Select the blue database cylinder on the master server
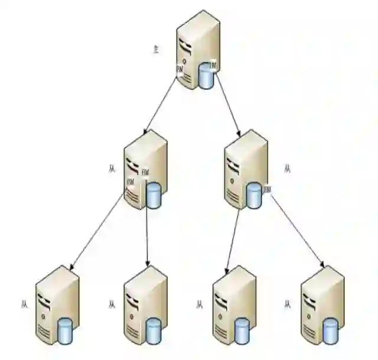pos(206,76)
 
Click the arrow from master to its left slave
pos(159,104)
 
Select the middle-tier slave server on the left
pos(145,168)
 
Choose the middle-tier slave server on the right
pos(245,168)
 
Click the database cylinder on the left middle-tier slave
pos(154,196)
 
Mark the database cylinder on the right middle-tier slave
pos(254,196)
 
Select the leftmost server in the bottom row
pos(57,304)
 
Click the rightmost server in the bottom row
pos(322,304)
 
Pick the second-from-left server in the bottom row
pos(145,304)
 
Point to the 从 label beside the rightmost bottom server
pos(288,305)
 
